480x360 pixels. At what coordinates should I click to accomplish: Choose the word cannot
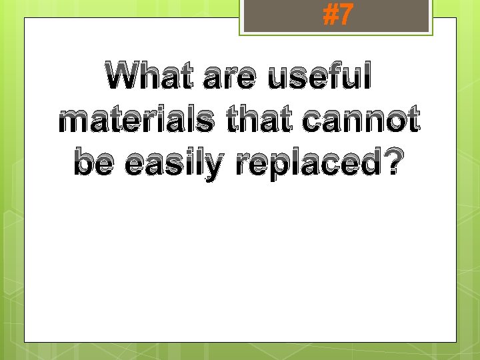click(x=362, y=121)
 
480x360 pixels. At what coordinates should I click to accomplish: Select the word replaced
click(x=306, y=163)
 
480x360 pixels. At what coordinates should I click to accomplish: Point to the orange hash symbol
click(x=329, y=15)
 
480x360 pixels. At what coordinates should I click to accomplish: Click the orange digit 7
click(x=344, y=15)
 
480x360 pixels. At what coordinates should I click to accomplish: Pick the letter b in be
click(x=85, y=161)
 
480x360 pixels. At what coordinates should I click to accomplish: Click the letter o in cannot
click(x=397, y=122)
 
